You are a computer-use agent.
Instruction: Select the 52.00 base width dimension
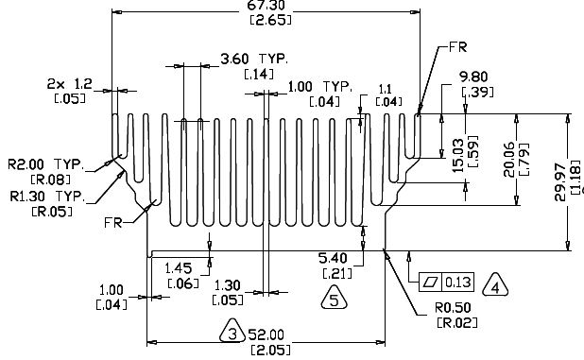(x=266, y=334)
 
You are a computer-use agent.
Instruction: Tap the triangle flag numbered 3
(x=232, y=331)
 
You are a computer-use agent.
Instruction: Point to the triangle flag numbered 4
(x=495, y=285)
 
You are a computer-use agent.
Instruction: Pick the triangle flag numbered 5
(x=335, y=298)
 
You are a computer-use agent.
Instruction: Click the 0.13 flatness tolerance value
(x=458, y=283)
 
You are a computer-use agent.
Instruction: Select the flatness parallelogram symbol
(x=430, y=283)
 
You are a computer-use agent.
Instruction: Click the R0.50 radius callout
(x=453, y=308)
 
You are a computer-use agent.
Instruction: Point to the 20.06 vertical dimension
(x=509, y=159)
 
